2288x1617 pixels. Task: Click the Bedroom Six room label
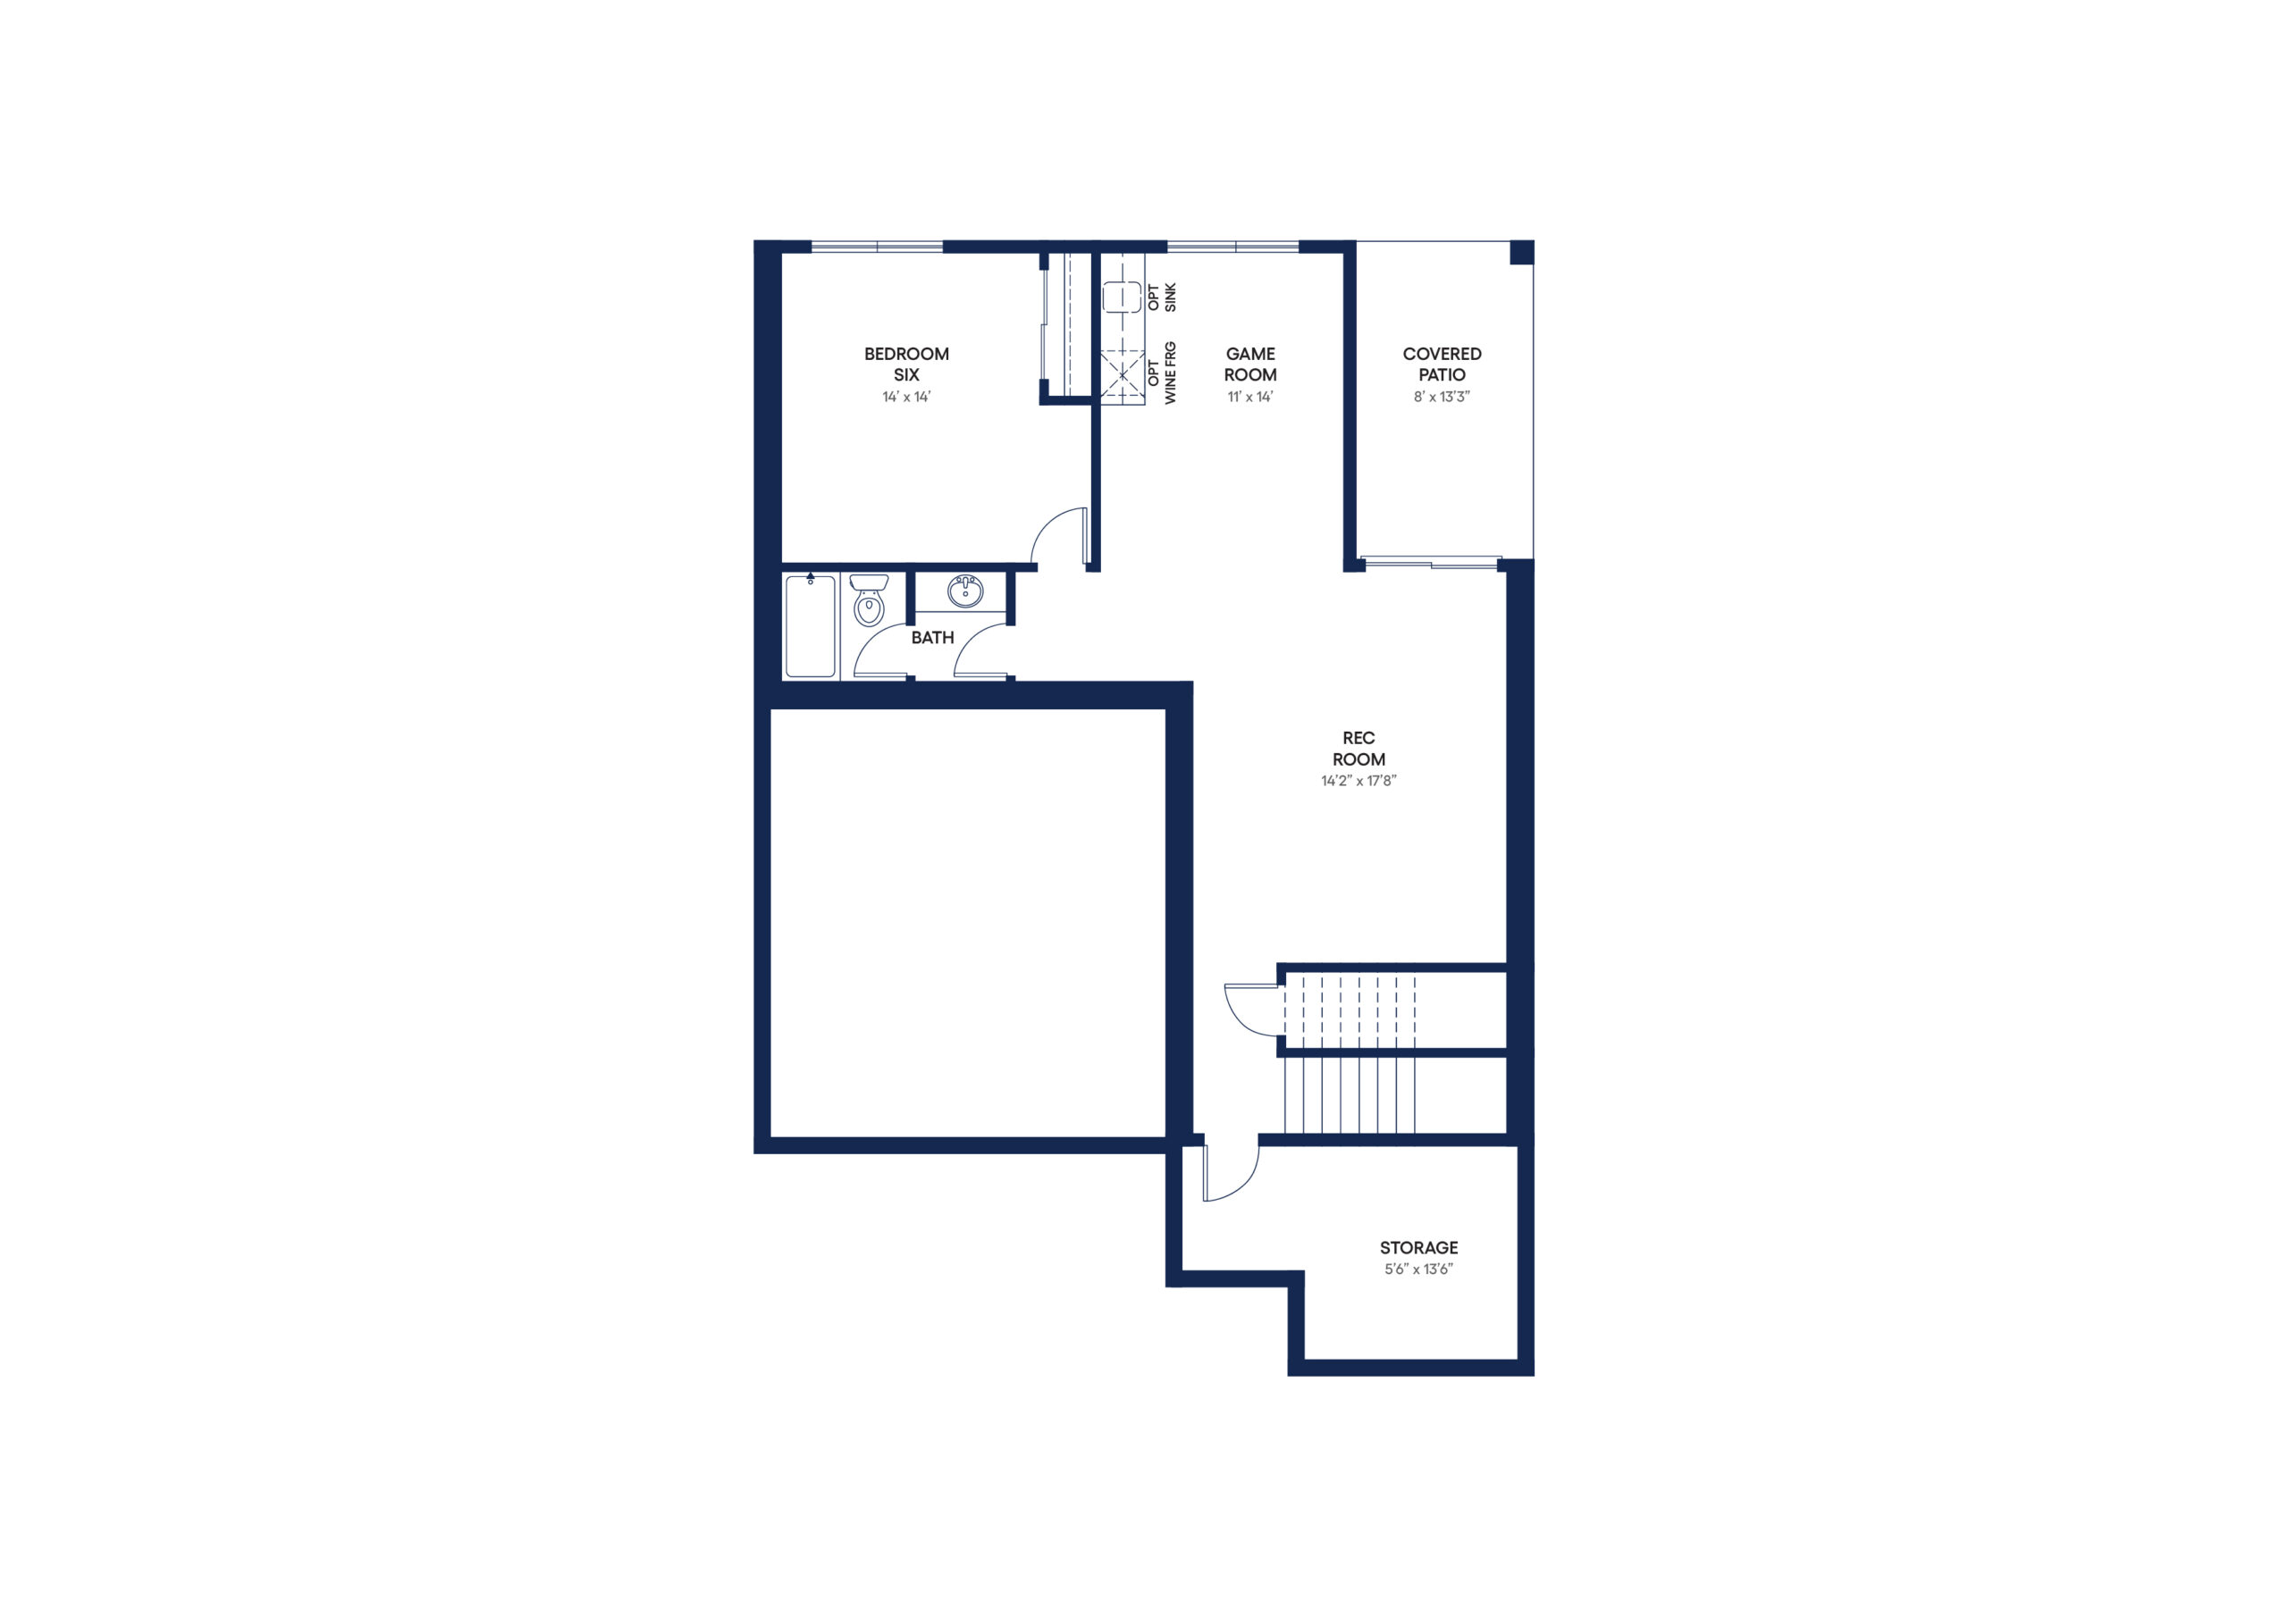tap(906, 364)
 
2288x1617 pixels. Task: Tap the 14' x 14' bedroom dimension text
tap(906, 397)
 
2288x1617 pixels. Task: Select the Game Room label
tap(1249, 364)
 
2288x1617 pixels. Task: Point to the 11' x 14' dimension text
tap(1249, 397)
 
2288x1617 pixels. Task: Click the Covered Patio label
tap(1441, 364)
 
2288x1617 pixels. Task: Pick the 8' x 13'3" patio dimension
tap(1441, 397)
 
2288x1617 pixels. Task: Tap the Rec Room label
tap(1358, 749)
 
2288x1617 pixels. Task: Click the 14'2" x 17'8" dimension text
tap(1358, 781)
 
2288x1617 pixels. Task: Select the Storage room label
tap(1418, 1247)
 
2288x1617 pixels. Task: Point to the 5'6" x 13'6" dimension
tap(1418, 1269)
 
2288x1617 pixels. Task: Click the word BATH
tap(932, 638)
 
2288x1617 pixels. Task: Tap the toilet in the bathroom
tap(869, 599)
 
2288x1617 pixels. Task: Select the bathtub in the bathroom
tap(810, 626)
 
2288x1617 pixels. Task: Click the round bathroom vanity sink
tap(964, 591)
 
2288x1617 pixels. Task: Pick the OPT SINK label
tap(1162, 297)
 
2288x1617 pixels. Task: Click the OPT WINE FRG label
tap(1162, 373)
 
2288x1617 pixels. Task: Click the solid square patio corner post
tap(1522, 252)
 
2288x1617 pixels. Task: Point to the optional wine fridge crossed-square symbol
tap(1122, 374)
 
